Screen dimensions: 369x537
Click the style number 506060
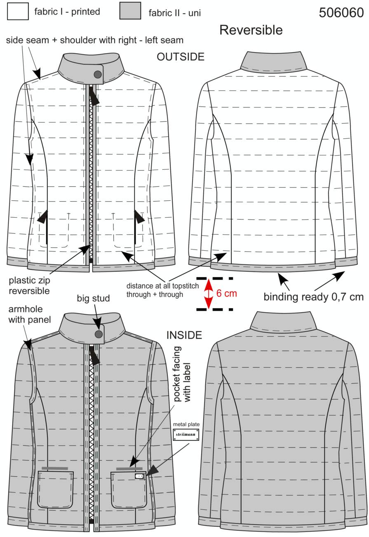(341, 12)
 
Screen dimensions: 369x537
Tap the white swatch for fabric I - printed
(18, 11)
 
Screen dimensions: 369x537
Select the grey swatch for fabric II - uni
(130, 10)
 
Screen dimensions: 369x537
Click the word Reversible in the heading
(251, 30)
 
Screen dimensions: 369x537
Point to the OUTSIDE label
(181, 57)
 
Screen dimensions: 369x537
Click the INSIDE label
(184, 335)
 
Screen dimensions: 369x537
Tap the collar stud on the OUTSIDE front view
(98, 74)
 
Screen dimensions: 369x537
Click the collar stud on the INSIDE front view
(99, 334)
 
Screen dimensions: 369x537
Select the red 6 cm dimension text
(226, 293)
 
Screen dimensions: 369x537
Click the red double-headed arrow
(209, 294)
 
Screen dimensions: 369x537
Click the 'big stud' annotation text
(93, 299)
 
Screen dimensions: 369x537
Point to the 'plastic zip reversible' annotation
(29, 285)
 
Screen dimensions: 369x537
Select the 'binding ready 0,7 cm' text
(313, 297)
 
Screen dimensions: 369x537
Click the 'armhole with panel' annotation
(30, 314)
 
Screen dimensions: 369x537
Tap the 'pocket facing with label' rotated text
(182, 374)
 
